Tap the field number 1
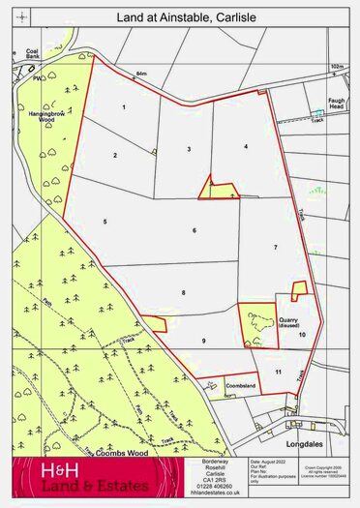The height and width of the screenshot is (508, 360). (x=125, y=105)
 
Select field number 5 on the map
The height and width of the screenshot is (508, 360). (x=104, y=222)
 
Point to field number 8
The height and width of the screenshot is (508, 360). (x=182, y=291)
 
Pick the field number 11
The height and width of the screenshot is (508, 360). (x=278, y=372)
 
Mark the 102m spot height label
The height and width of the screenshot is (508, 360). (x=336, y=68)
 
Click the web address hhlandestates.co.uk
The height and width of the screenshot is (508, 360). (x=214, y=493)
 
